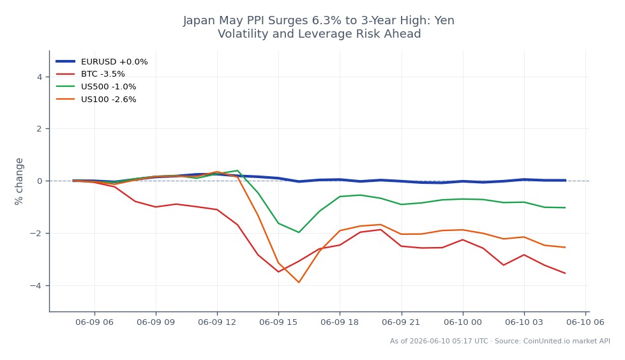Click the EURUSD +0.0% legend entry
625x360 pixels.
click(x=102, y=61)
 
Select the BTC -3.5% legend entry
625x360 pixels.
click(x=91, y=74)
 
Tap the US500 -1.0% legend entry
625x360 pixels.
click(x=96, y=87)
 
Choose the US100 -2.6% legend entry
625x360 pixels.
click(x=96, y=100)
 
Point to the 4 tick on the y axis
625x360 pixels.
click(x=40, y=77)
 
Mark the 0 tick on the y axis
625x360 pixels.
click(x=40, y=181)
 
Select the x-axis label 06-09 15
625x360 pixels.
click(x=278, y=322)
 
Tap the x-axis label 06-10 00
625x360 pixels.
click(x=462, y=322)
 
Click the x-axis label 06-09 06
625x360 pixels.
click(x=94, y=322)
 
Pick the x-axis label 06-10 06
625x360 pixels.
click(x=585, y=322)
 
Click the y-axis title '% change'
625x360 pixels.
click(x=19, y=181)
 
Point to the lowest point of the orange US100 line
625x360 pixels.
click(x=299, y=282)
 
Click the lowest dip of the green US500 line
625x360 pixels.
click(x=299, y=232)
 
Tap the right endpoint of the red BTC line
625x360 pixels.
click(x=565, y=273)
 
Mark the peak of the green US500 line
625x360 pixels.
click(x=237, y=170)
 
